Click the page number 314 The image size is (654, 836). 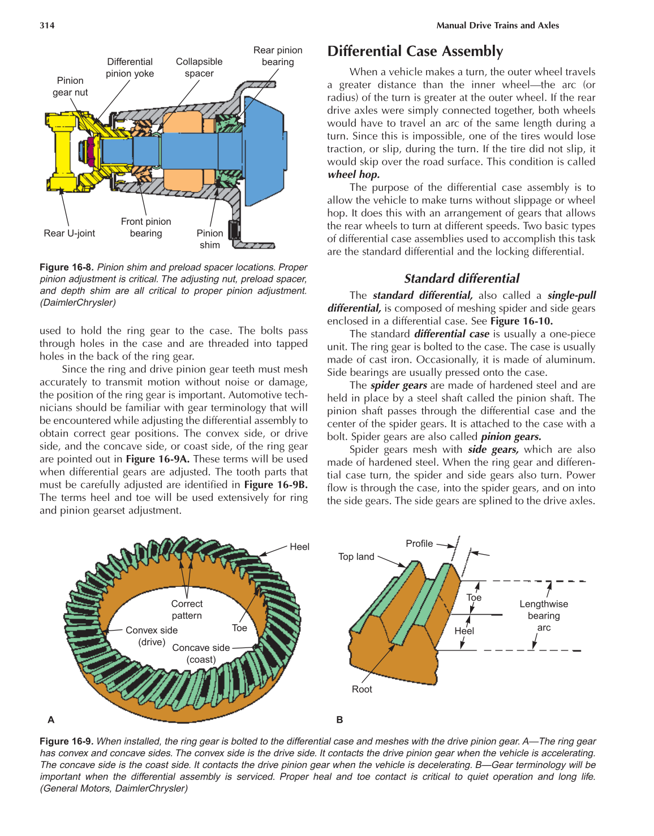coord(47,25)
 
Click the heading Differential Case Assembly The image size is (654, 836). coord(415,52)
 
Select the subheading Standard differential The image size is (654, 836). coord(461,278)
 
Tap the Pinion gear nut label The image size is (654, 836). coord(70,87)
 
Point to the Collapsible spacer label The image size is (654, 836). coord(199,67)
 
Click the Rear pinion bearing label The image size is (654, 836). coord(278,56)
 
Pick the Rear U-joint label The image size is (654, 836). coord(70,233)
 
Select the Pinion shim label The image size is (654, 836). coord(210,239)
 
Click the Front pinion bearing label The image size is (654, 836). coord(146,228)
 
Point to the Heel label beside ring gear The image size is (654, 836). coord(299,547)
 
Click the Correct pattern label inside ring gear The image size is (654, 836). coord(187,610)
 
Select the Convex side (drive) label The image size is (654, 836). coord(151,636)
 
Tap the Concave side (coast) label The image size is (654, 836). coord(201,653)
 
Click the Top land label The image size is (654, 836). coord(356,556)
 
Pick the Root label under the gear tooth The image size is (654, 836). coord(362,689)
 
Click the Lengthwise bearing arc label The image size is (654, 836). coord(544,616)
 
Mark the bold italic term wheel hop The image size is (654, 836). coord(354,174)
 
